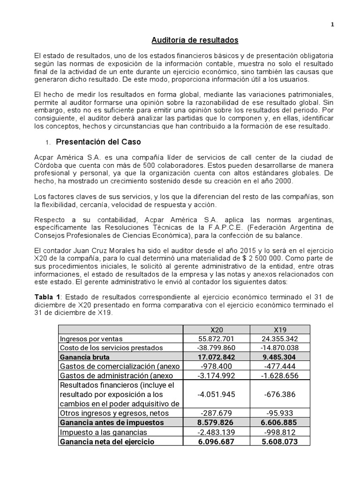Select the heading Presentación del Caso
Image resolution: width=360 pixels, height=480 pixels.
(98, 141)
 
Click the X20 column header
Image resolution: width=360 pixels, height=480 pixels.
(216, 330)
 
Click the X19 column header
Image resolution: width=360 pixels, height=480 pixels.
(279, 330)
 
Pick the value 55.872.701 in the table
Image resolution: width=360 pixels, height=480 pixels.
(216, 338)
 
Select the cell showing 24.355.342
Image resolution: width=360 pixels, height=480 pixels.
(279, 338)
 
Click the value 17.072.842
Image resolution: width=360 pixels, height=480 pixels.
(216, 357)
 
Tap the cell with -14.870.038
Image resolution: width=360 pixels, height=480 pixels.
(279, 347)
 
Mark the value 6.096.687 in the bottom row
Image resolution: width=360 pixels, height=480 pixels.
(216, 441)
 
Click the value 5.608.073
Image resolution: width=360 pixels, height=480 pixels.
(279, 441)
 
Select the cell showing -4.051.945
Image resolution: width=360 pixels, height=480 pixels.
(216, 394)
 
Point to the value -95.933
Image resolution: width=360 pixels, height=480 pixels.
(279, 413)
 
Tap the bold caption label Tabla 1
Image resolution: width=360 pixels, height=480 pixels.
(47, 297)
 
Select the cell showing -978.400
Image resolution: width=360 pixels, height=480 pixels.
(216, 366)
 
